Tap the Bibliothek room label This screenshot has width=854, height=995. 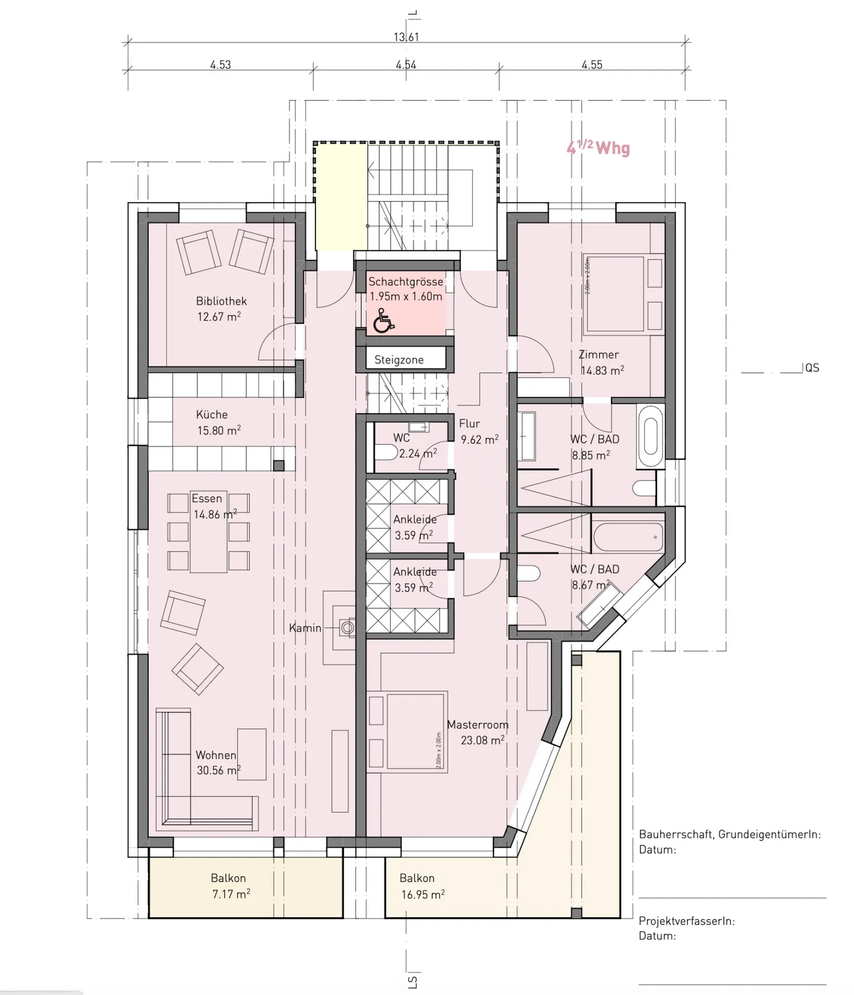click(221, 301)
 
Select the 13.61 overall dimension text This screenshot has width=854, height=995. click(406, 37)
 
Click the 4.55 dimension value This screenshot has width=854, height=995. click(592, 65)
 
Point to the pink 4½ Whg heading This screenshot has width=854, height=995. click(598, 148)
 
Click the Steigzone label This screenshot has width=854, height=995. click(399, 360)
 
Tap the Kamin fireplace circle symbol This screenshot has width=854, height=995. click(348, 627)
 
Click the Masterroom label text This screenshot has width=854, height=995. click(477, 725)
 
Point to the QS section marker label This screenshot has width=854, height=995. click(812, 368)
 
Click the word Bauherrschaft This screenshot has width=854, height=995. click(675, 834)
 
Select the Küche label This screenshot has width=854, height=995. click(212, 414)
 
